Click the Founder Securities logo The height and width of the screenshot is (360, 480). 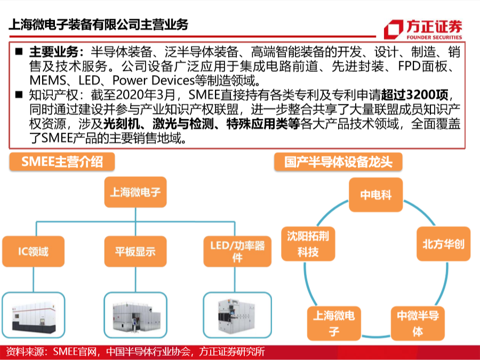point(423,29)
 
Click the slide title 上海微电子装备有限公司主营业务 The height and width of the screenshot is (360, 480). point(98,24)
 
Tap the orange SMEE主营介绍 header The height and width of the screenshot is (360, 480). point(62,162)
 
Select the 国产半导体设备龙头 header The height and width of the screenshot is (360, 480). point(338,162)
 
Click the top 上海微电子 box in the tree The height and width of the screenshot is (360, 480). point(135,192)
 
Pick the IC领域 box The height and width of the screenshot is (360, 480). point(34,251)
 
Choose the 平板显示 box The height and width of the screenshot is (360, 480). point(135,251)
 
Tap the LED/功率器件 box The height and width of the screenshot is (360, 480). point(237,251)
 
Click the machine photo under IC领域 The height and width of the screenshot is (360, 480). point(34,315)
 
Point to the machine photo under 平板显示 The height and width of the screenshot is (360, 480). point(135,315)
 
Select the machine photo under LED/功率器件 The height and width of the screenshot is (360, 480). point(237,315)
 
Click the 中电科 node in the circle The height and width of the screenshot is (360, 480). point(375,195)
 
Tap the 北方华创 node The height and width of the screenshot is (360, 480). point(444,244)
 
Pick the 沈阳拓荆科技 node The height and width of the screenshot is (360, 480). point(308,244)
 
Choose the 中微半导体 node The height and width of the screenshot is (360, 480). point(418,323)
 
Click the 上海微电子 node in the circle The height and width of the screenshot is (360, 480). point(334,323)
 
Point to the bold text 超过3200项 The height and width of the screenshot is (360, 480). point(414,95)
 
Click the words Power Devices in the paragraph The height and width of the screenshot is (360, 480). point(154,80)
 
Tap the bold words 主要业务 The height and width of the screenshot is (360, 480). point(54,52)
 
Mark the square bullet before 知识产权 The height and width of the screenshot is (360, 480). point(19,94)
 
